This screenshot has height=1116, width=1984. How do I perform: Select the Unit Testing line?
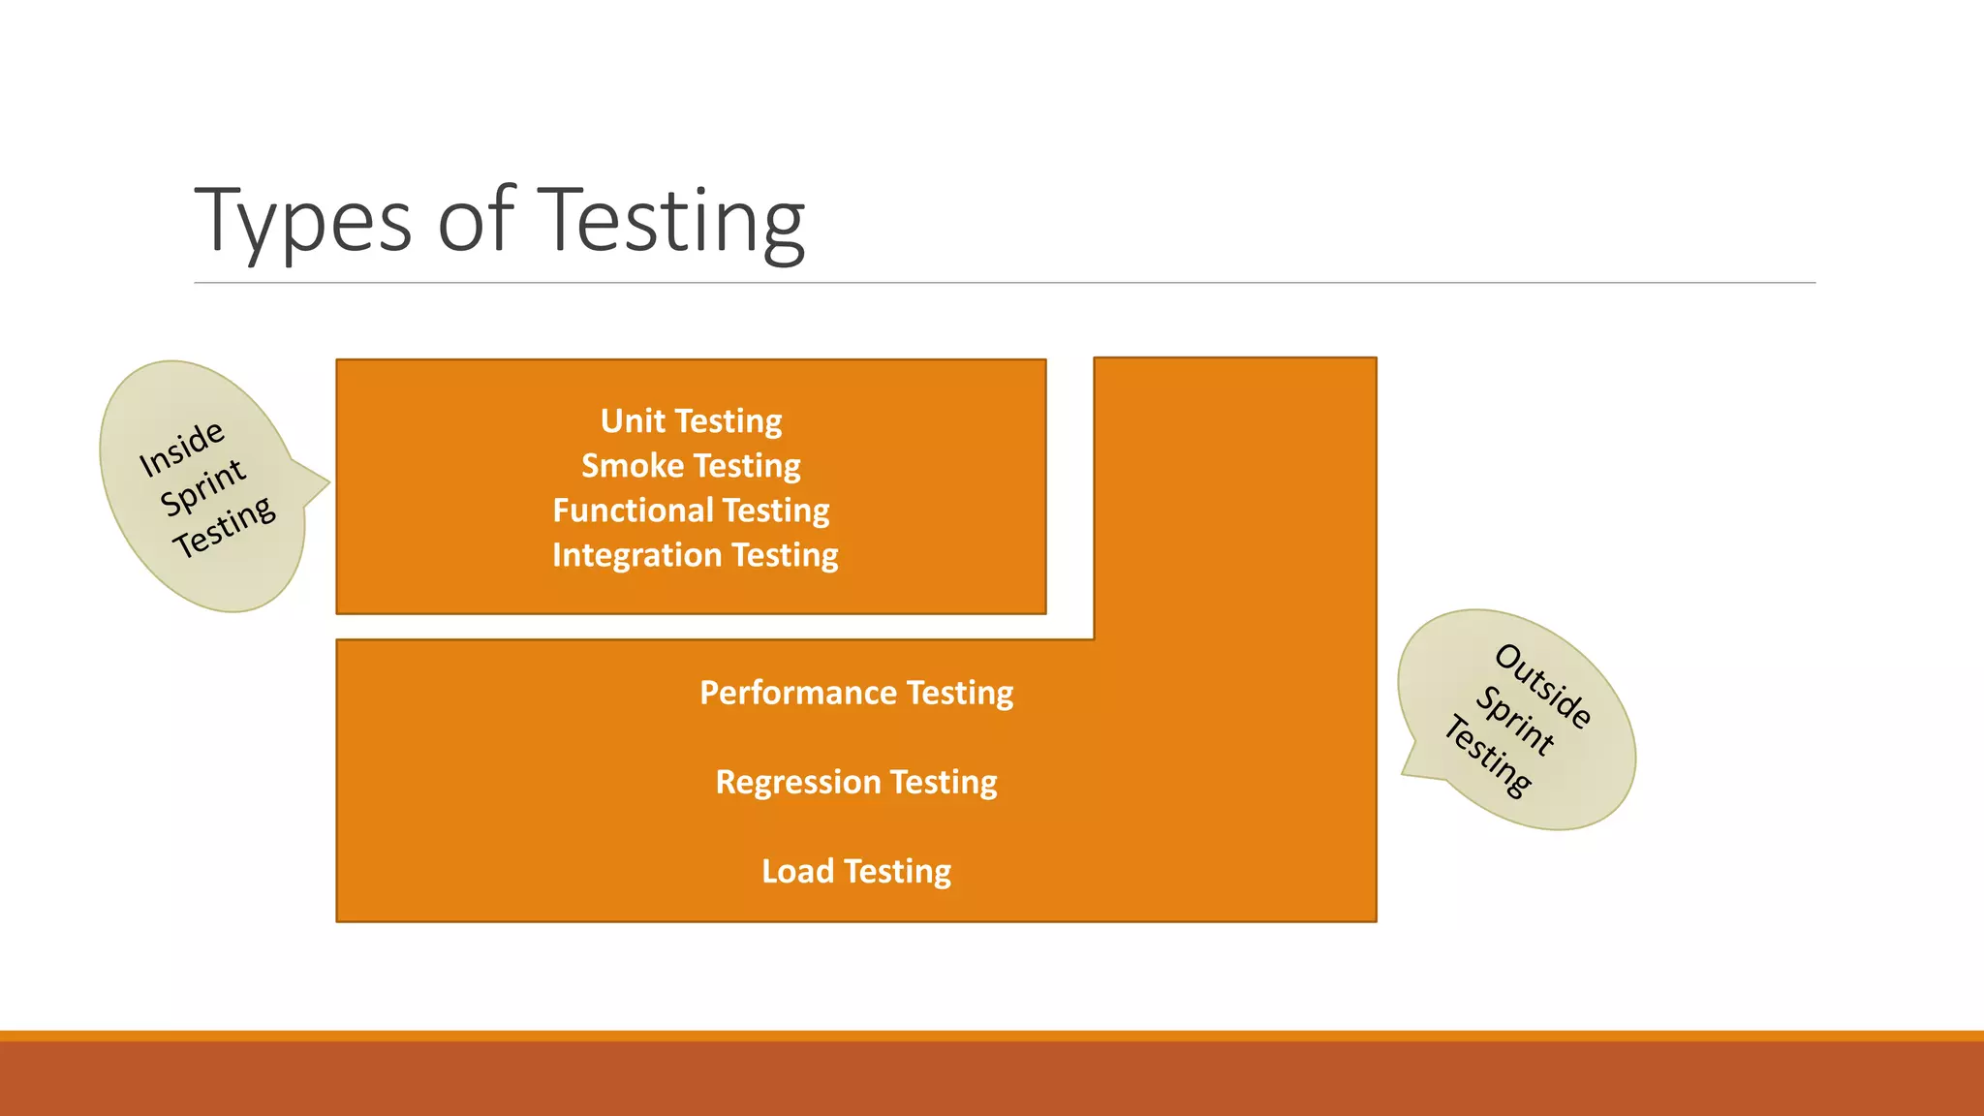point(691,420)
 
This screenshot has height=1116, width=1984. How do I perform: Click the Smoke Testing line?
point(691,465)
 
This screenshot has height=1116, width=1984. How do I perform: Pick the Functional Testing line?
point(691,510)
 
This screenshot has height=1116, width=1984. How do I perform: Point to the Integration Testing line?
point(695,554)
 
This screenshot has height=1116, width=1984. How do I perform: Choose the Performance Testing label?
point(856,693)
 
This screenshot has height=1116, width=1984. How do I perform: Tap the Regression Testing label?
point(856,782)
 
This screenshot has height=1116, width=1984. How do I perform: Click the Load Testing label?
point(856,871)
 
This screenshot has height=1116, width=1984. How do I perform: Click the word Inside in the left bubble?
point(182,449)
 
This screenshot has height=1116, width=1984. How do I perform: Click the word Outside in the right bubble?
point(1543,686)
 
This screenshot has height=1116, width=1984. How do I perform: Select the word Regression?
point(797,782)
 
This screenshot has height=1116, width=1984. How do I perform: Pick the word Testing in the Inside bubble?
point(225,527)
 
